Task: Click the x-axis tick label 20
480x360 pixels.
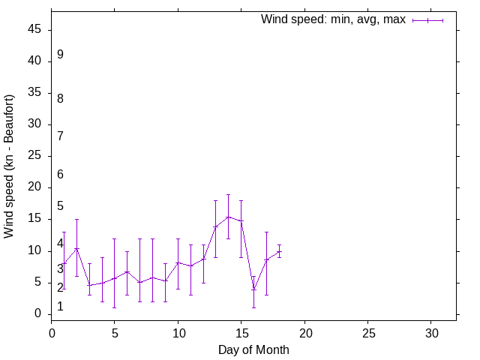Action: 304,332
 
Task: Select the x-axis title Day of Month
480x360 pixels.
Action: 253,349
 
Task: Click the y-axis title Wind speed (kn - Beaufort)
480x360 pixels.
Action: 10,166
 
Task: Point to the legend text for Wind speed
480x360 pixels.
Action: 333,20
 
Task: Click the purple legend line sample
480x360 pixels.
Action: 427,20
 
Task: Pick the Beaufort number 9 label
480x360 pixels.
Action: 60,55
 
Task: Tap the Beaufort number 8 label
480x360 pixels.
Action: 60,98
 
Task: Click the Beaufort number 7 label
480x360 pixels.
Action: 60,136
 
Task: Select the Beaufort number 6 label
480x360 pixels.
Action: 60,174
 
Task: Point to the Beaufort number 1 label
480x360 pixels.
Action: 60,306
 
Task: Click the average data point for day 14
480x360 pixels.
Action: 228,217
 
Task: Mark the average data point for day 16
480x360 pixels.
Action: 253,289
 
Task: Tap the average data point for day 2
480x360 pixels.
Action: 76,249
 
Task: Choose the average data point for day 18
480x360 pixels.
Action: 279,252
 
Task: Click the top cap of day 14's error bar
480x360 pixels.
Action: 228,194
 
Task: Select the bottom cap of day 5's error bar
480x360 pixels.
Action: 114,307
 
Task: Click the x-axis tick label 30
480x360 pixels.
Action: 431,332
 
